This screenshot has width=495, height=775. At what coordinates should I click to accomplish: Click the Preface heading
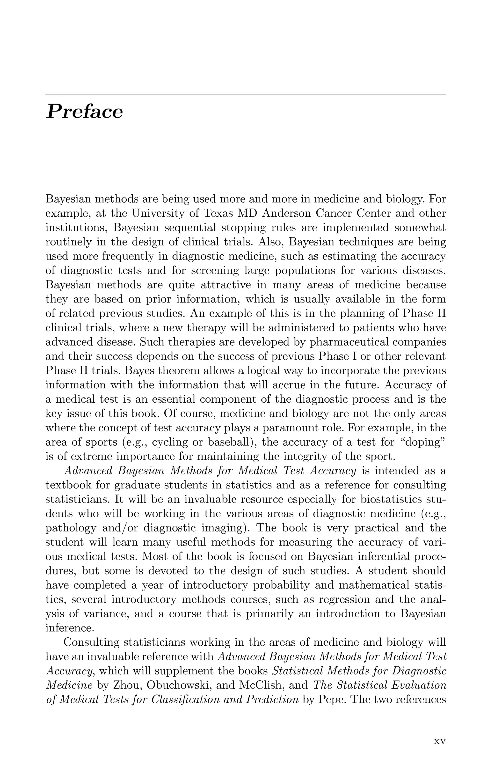84,112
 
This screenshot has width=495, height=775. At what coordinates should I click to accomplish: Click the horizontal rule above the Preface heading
246,95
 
